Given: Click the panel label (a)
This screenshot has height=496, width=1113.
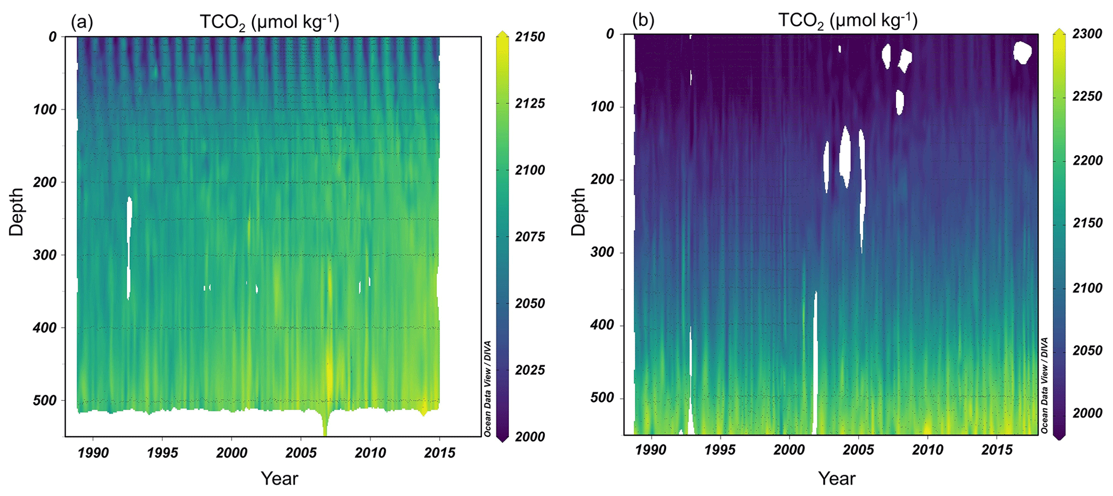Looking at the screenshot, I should pos(82,22).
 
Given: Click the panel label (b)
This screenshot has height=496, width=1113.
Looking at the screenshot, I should pos(643,20).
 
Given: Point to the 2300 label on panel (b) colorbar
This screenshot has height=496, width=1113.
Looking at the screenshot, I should pos(1088,34).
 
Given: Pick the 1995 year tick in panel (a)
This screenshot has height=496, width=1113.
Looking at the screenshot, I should pos(163,452).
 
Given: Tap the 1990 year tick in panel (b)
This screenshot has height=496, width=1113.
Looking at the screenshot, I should pos(652,450).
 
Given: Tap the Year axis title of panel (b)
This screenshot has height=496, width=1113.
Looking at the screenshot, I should pos(837,478).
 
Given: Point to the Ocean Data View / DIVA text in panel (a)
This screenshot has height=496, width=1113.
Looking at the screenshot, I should pos(487,388).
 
